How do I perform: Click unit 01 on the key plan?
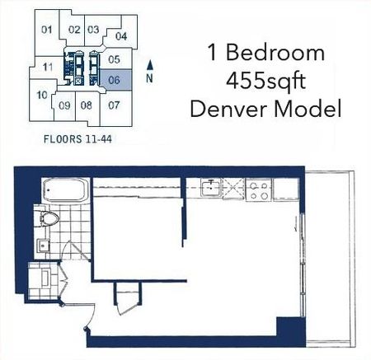[x=46, y=30]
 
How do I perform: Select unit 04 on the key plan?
[x=121, y=35]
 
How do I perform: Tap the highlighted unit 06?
[x=115, y=79]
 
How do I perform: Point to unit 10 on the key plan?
[x=41, y=95]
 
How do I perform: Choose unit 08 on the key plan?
[x=86, y=105]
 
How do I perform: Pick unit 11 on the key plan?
[x=49, y=66]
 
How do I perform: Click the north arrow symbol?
[x=148, y=69]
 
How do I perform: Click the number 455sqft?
[x=264, y=81]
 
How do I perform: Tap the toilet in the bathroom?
[x=49, y=218]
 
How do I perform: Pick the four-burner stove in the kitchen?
[x=256, y=191]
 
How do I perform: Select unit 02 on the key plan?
[x=73, y=30]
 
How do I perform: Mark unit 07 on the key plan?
[x=114, y=105]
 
